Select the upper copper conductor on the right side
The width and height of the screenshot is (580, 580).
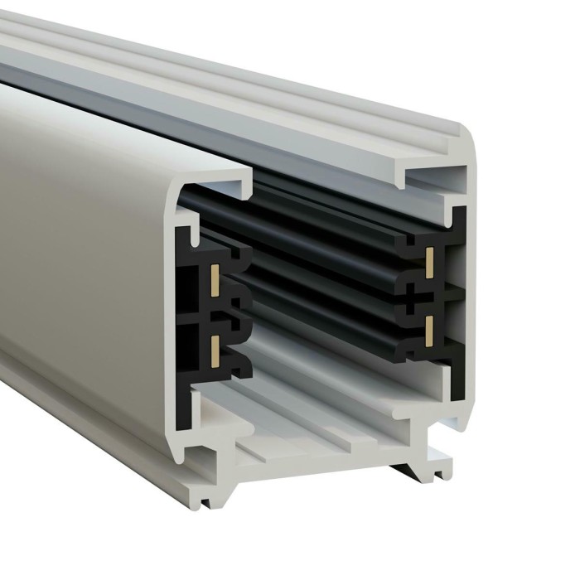click(429, 262)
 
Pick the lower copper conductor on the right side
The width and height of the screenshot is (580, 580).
click(429, 330)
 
